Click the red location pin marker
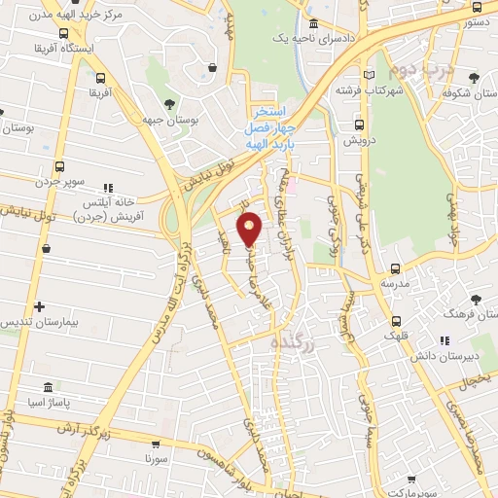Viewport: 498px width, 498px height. point(251,229)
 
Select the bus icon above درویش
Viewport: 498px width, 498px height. point(360,124)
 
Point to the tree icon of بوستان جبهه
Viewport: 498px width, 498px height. point(170,102)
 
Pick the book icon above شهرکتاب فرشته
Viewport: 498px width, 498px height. point(367,74)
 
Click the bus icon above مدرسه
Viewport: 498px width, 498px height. point(394,268)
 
